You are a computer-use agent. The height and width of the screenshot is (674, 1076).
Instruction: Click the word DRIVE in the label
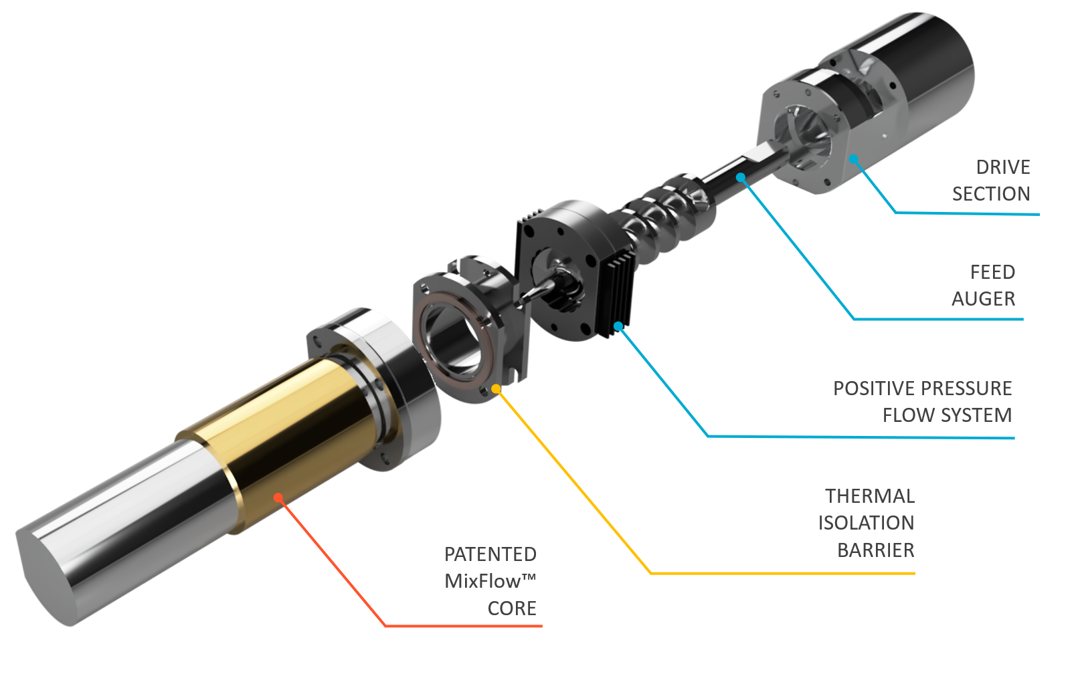tap(1002, 167)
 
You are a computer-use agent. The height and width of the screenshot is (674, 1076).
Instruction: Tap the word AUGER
tap(983, 299)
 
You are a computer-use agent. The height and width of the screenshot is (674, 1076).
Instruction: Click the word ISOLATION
tap(865, 523)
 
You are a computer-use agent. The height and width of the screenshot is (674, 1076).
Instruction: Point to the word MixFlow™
tap(490, 581)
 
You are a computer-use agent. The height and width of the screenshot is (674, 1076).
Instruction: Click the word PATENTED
tap(490, 554)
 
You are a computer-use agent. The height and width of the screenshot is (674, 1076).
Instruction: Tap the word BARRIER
tap(875, 550)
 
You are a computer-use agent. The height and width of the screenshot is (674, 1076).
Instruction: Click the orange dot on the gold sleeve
tap(278, 497)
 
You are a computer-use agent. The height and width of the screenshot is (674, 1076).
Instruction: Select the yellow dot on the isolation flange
tap(496, 388)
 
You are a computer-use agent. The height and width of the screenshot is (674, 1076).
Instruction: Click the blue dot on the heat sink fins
tap(619, 326)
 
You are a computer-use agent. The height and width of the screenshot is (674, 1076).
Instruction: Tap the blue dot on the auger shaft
tap(741, 177)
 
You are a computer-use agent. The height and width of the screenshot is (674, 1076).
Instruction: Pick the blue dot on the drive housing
tap(854, 159)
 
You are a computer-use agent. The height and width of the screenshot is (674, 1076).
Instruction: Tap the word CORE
tap(511, 608)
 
